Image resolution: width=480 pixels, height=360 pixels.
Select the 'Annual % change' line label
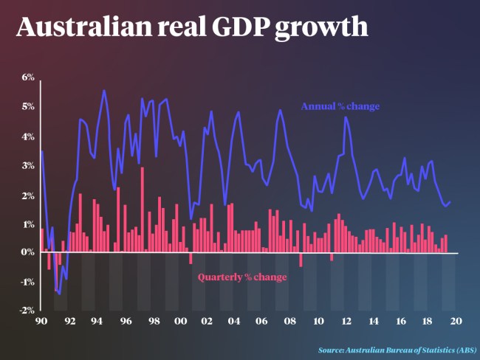[x=340, y=106]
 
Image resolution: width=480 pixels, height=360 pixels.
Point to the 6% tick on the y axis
[x=28, y=77]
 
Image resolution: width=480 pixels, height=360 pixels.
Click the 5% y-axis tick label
[x=28, y=107]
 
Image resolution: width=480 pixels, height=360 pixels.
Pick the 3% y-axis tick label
[x=28, y=165]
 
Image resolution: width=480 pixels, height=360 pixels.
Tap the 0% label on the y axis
[x=28, y=253]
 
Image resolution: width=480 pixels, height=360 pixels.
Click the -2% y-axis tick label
[x=27, y=311]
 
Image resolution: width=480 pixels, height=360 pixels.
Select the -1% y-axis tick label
[x=27, y=282]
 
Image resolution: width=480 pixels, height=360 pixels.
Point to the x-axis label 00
[x=179, y=321]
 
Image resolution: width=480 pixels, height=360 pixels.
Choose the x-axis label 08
[x=290, y=321]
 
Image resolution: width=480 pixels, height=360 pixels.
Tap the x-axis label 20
[x=456, y=321]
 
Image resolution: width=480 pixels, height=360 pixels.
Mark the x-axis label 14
[x=374, y=321]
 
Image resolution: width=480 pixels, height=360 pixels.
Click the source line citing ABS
[x=397, y=349]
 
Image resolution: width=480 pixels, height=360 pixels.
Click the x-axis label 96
[x=126, y=321]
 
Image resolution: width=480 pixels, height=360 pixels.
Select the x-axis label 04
[x=235, y=321]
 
